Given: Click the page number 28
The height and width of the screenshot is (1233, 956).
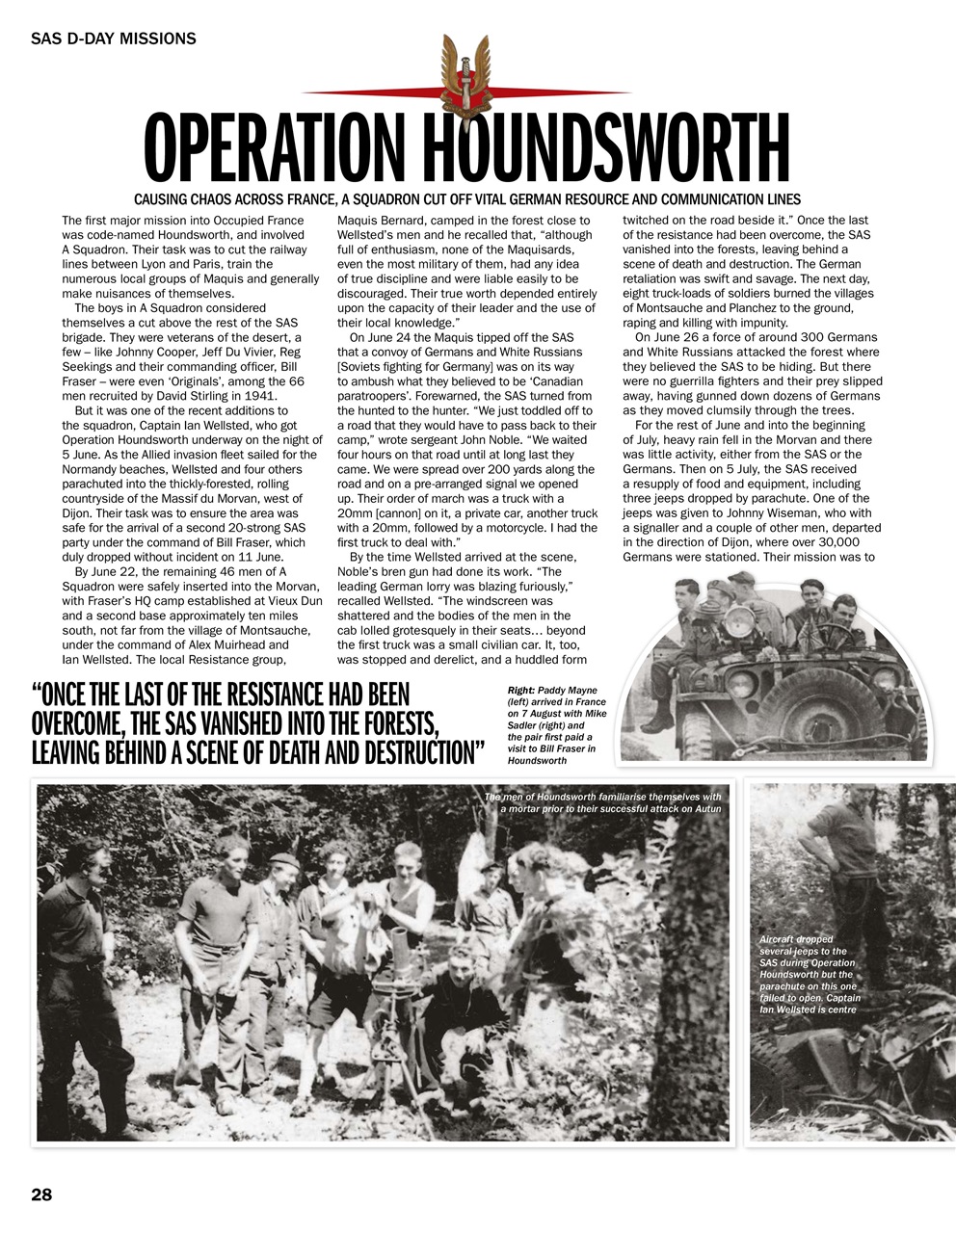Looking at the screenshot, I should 41,1194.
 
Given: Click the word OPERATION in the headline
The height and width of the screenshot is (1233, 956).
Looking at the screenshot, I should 279,150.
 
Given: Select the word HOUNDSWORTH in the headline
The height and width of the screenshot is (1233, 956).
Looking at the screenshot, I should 607,150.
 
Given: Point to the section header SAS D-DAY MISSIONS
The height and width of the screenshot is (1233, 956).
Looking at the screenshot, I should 114,39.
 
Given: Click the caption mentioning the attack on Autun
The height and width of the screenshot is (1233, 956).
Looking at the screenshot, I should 602,802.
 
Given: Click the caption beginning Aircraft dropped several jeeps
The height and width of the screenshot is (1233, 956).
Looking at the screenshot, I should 808,974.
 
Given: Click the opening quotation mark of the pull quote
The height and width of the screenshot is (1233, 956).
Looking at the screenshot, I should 39,695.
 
